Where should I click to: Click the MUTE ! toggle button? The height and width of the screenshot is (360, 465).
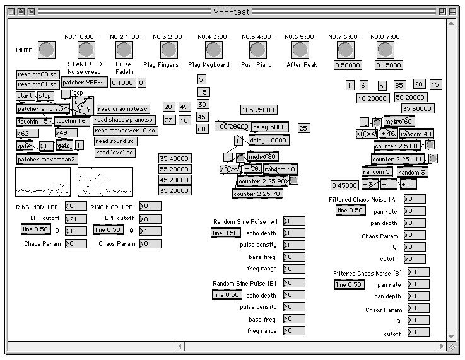(x=47, y=49)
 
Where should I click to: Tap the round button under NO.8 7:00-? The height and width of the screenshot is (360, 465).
(x=387, y=49)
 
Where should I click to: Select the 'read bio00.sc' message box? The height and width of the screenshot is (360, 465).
(x=37, y=74)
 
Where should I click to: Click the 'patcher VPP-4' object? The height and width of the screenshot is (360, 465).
(x=84, y=83)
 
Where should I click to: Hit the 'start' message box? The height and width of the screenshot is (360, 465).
(x=25, y=96)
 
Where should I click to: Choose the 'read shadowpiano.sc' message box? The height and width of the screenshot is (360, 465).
(x=124, y=120)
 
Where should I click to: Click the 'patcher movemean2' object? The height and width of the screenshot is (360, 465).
(x=47, y=159)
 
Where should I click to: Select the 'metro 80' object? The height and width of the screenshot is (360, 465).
(x=262, y=156)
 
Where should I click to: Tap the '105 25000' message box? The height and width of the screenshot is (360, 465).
(x=258, y=110)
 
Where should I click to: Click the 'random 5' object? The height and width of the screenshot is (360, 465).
(x=377, y=172)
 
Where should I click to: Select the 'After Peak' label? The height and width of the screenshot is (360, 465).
(x=301, y=65)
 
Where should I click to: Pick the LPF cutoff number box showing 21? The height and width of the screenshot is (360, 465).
(x=76, y=219)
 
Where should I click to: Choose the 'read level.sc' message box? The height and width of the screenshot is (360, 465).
(x=115, y=153)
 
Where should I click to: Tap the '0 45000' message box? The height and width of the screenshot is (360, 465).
(x=345, y=185)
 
